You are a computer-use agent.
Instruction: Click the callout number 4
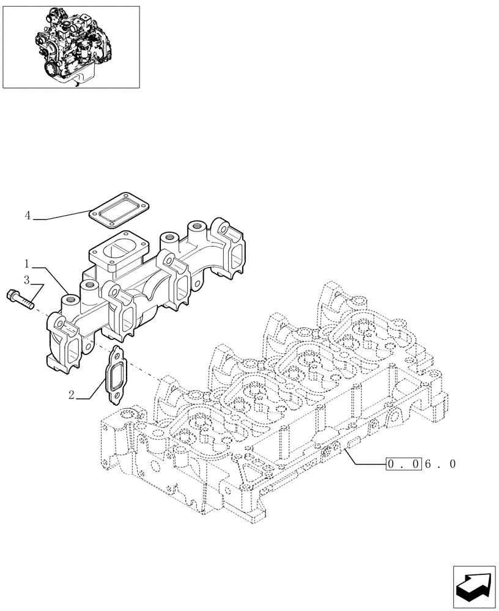pyautogui.click(x=28, y=216)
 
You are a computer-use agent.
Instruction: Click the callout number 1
pyautogui.click(x=28, y=264)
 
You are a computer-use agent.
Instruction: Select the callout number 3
pyautogui.click(x=28, y=280)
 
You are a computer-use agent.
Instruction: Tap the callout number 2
pyautogui.click(x=72, y=396)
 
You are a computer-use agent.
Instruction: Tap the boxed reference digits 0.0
pyautogui.click(x=403, y=464)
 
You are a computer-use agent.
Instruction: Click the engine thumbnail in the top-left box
pyautogui.click(x=70, y=46)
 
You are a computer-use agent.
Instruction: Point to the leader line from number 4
pyautogui.click(x=61, y=215)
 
